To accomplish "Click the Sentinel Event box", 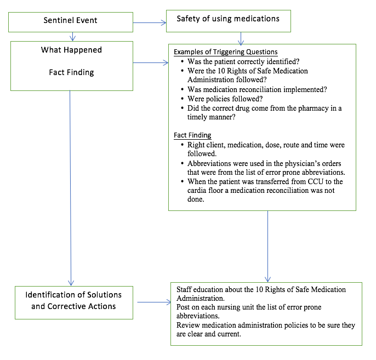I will click(x=70, y=21).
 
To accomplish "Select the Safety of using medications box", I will click(x=227, y=19).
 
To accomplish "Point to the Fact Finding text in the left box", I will click(x=70, y=72).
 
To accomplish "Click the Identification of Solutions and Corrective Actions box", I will click(x=73, y=300).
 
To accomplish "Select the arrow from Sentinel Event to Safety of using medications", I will click(x=149, y=22).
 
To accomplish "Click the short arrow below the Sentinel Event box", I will click(x=72, y=36).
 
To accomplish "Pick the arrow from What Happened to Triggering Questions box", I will click(x=151, y=63).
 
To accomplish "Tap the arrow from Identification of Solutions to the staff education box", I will click(x=154, y=302).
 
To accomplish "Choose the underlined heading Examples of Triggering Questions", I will click(x=225, y=52).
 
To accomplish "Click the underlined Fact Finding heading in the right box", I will click(x=192, y=135).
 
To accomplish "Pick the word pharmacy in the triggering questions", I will click(x=306, y=108).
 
